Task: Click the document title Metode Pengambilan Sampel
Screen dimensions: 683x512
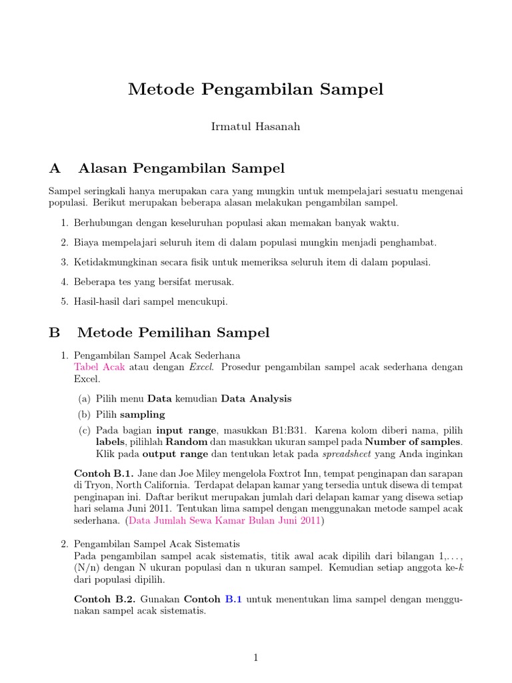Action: [256, 89]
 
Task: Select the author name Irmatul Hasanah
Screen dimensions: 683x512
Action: [255, 127]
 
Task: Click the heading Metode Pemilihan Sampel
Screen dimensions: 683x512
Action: [173, 332]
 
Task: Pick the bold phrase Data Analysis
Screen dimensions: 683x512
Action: [256, 399]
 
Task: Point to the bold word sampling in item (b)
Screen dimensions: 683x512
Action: [142, 414]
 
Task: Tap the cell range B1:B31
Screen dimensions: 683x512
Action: [285, 430]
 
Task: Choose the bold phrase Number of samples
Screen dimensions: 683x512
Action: [413, 442]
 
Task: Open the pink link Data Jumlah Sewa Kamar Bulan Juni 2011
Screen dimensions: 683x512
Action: [225, 520]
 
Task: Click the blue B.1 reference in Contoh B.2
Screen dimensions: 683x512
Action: [234, 599]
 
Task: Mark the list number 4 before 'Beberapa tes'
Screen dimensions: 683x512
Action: [65, 282]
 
